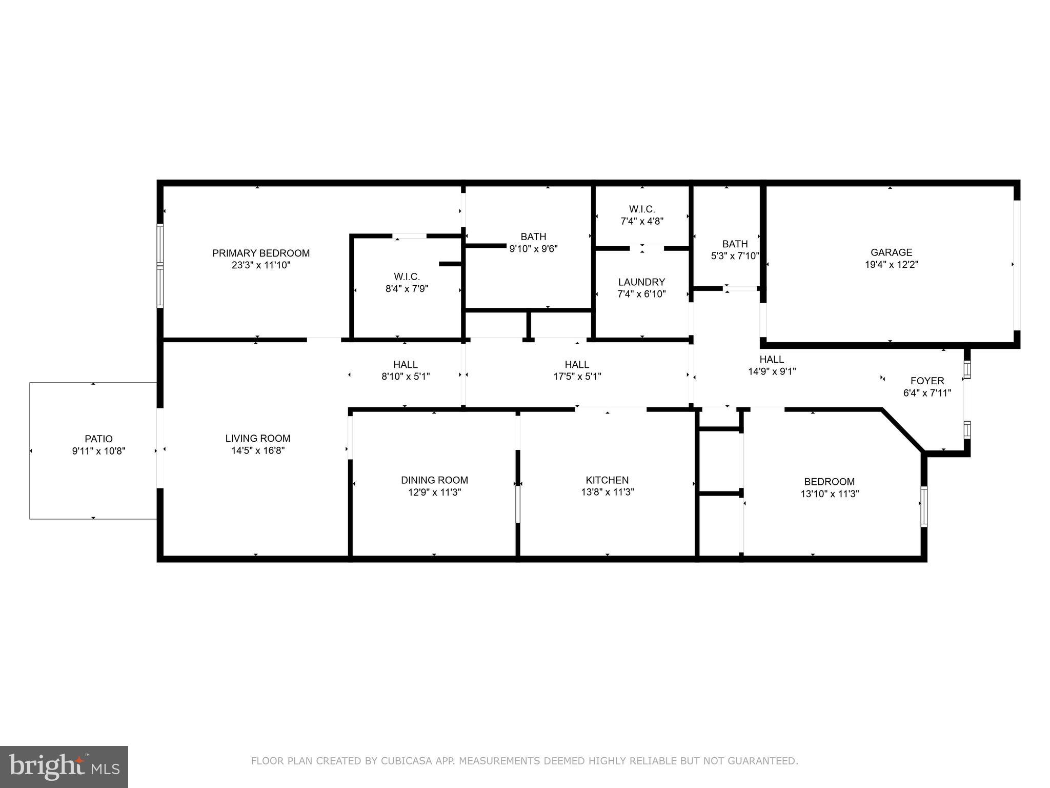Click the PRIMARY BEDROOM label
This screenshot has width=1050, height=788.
pos(261,253)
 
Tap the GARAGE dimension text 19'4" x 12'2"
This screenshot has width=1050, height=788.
pos(891,265)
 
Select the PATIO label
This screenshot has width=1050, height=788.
pos(98,439)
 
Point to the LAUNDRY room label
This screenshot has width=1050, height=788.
pos(641,282)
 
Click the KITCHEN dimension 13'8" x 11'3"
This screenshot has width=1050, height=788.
pos(607,492)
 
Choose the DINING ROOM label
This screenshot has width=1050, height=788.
pos(434,480)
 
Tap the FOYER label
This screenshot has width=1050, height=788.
pos(927,381)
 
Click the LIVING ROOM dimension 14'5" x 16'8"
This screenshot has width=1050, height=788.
pos(258,450)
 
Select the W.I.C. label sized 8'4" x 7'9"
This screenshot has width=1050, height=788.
pos(407,277)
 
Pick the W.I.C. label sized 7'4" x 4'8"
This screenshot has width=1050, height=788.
pos(642,209)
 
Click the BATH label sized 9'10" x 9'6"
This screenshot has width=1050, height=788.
pos(533,237)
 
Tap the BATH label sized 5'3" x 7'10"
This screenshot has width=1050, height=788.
pos(735,244)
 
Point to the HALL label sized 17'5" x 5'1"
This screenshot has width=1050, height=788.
pos(577,364)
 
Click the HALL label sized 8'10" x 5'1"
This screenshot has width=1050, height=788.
pos(405,364)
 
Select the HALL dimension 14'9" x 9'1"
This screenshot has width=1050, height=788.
pos(772,371)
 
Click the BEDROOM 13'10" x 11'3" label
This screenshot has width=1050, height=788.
pos(829,482)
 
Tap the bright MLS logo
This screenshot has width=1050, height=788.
pos(64,767)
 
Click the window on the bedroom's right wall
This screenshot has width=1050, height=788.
pos(924,507)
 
